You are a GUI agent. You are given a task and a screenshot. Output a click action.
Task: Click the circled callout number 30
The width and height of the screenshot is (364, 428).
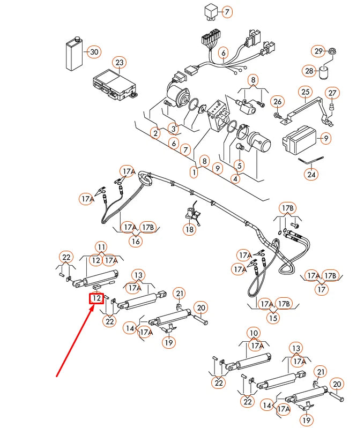coord(94,52)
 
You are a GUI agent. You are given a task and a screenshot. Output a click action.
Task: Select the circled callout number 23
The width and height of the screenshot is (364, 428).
coord(119,63)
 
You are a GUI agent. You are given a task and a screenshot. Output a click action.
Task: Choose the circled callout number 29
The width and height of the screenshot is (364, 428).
coord(318,51)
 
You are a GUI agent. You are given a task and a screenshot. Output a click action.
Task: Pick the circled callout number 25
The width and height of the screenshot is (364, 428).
coord(305,92)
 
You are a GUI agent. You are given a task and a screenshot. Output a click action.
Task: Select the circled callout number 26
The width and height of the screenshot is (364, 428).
coord(277,101)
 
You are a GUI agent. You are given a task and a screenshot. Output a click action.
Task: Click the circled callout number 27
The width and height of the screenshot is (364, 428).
coord(332,93)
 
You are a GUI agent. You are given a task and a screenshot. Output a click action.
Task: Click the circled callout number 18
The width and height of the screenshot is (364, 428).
coord(189,229)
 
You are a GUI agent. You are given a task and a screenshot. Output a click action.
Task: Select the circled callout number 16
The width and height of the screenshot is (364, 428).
coord(136,241)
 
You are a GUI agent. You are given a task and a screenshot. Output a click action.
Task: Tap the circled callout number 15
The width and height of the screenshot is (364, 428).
coord(273,318)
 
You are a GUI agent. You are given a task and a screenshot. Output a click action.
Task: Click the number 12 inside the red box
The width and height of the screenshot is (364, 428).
coord(96,298)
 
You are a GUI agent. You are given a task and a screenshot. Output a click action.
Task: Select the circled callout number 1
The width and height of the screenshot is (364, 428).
coord(194,172)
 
